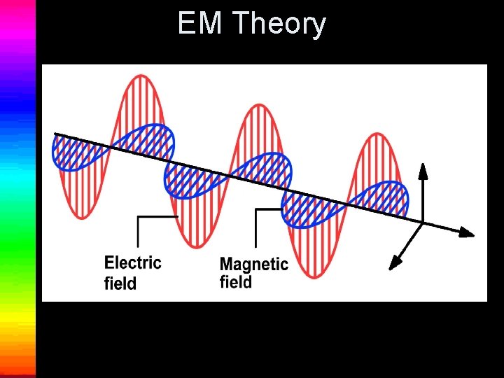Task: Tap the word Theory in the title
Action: click(279, 24)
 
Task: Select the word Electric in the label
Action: click(133, 263)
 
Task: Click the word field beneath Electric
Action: click(120, 283)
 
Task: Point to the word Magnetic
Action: click(254, 265)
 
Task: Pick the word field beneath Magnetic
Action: click(236, 283)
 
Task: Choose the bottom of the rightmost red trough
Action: click(317, 276)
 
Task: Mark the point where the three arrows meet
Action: click(423, 223)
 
